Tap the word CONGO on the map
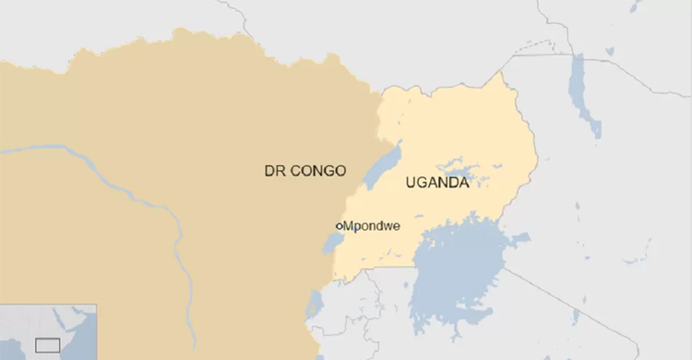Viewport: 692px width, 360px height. click(x=317, y=171)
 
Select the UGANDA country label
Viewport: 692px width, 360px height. click(x=436, y=183)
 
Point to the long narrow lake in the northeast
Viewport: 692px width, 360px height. click(x=582, y=92)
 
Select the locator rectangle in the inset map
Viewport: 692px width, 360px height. click(x=47, y=345)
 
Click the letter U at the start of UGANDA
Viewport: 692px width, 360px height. click(x=411, y=183)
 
